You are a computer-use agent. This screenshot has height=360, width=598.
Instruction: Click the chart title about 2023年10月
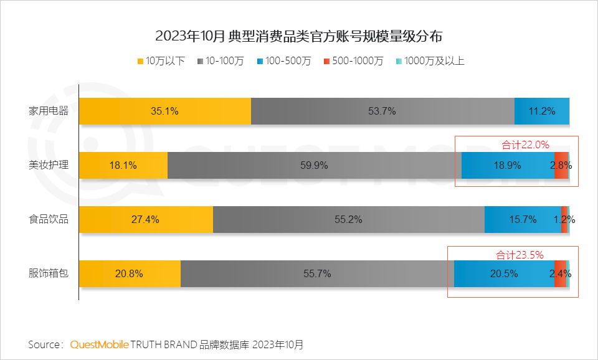point(298,36)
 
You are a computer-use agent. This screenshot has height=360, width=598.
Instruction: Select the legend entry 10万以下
point(161,61)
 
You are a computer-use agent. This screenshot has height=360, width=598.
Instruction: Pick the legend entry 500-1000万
point(353,61)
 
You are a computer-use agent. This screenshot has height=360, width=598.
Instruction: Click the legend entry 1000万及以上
point(430,61)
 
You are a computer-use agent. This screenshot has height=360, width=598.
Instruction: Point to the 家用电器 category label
point(49,111)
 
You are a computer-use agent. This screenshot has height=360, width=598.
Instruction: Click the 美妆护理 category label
point(49,166)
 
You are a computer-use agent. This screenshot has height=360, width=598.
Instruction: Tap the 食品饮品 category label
point(49,219)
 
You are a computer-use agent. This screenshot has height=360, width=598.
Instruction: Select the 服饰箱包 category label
point(49,273)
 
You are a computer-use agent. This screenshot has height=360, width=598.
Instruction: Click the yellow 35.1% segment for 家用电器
point(165,111)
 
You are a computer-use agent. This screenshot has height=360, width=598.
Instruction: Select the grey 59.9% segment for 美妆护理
point(315,166)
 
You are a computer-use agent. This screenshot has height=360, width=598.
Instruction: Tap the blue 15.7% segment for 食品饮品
point(523,219)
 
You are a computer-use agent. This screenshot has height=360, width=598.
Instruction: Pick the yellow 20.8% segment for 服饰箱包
point(130,273)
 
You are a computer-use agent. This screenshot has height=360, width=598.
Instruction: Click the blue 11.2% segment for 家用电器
point(541,111)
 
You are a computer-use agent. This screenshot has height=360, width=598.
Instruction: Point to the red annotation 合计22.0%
point(525,144)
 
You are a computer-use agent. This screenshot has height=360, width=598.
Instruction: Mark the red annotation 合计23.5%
point(520,254)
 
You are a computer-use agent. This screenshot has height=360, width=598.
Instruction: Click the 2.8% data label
point(561,166)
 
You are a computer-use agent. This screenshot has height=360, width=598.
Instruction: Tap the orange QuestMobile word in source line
point(100,344)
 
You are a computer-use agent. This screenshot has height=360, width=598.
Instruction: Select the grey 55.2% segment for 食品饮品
point(349,219)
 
